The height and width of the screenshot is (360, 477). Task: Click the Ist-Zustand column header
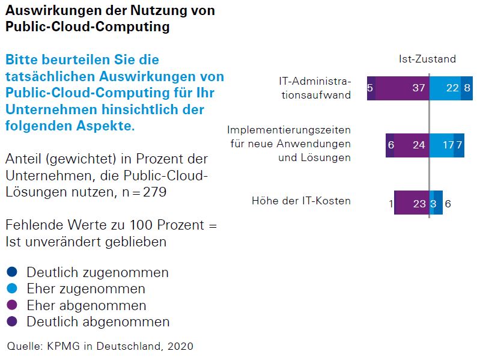point(427,59)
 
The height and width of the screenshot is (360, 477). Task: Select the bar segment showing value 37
point(403,88)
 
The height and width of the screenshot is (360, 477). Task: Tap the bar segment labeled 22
point(445,88)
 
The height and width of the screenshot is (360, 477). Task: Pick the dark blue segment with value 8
point(467,88)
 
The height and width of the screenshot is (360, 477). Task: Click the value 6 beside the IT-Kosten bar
point(448,203)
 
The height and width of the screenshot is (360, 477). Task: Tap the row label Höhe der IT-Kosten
point(301,201)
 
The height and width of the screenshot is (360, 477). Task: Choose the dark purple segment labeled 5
point(371,88)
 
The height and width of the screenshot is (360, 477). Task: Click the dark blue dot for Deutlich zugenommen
point(12,272)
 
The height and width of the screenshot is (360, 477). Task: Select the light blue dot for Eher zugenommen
point(12,288)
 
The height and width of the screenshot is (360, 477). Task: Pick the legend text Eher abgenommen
point(86,305)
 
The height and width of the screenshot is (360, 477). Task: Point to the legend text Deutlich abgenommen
point(97,322)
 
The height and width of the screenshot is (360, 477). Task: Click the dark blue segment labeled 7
point(459,145)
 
